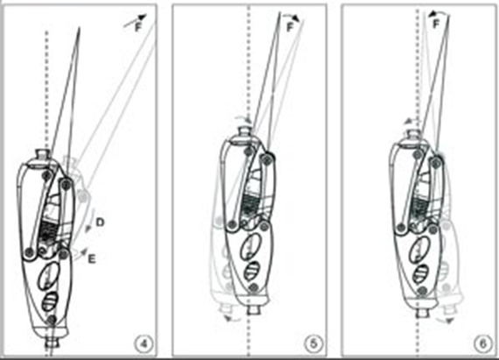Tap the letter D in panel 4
(x=101, y=225)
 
